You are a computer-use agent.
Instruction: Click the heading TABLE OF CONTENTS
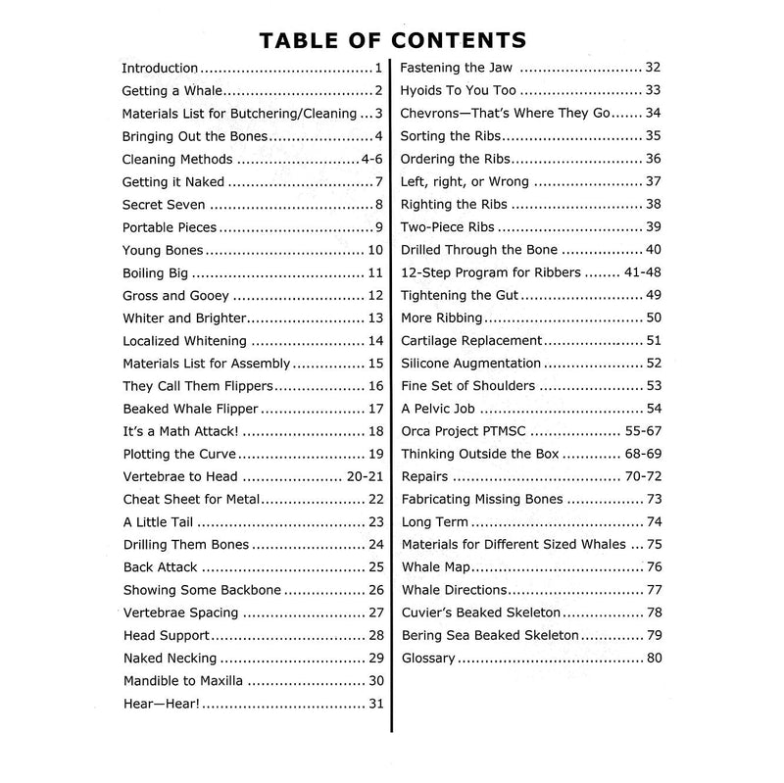(392, 40)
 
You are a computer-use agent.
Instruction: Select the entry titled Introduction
(160, 69)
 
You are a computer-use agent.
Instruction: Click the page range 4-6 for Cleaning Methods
(369, 159)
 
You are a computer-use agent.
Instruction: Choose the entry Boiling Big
(156, 272)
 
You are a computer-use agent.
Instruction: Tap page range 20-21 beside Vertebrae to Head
(361, 476)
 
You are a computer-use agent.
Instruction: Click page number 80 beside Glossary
(655, 658)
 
